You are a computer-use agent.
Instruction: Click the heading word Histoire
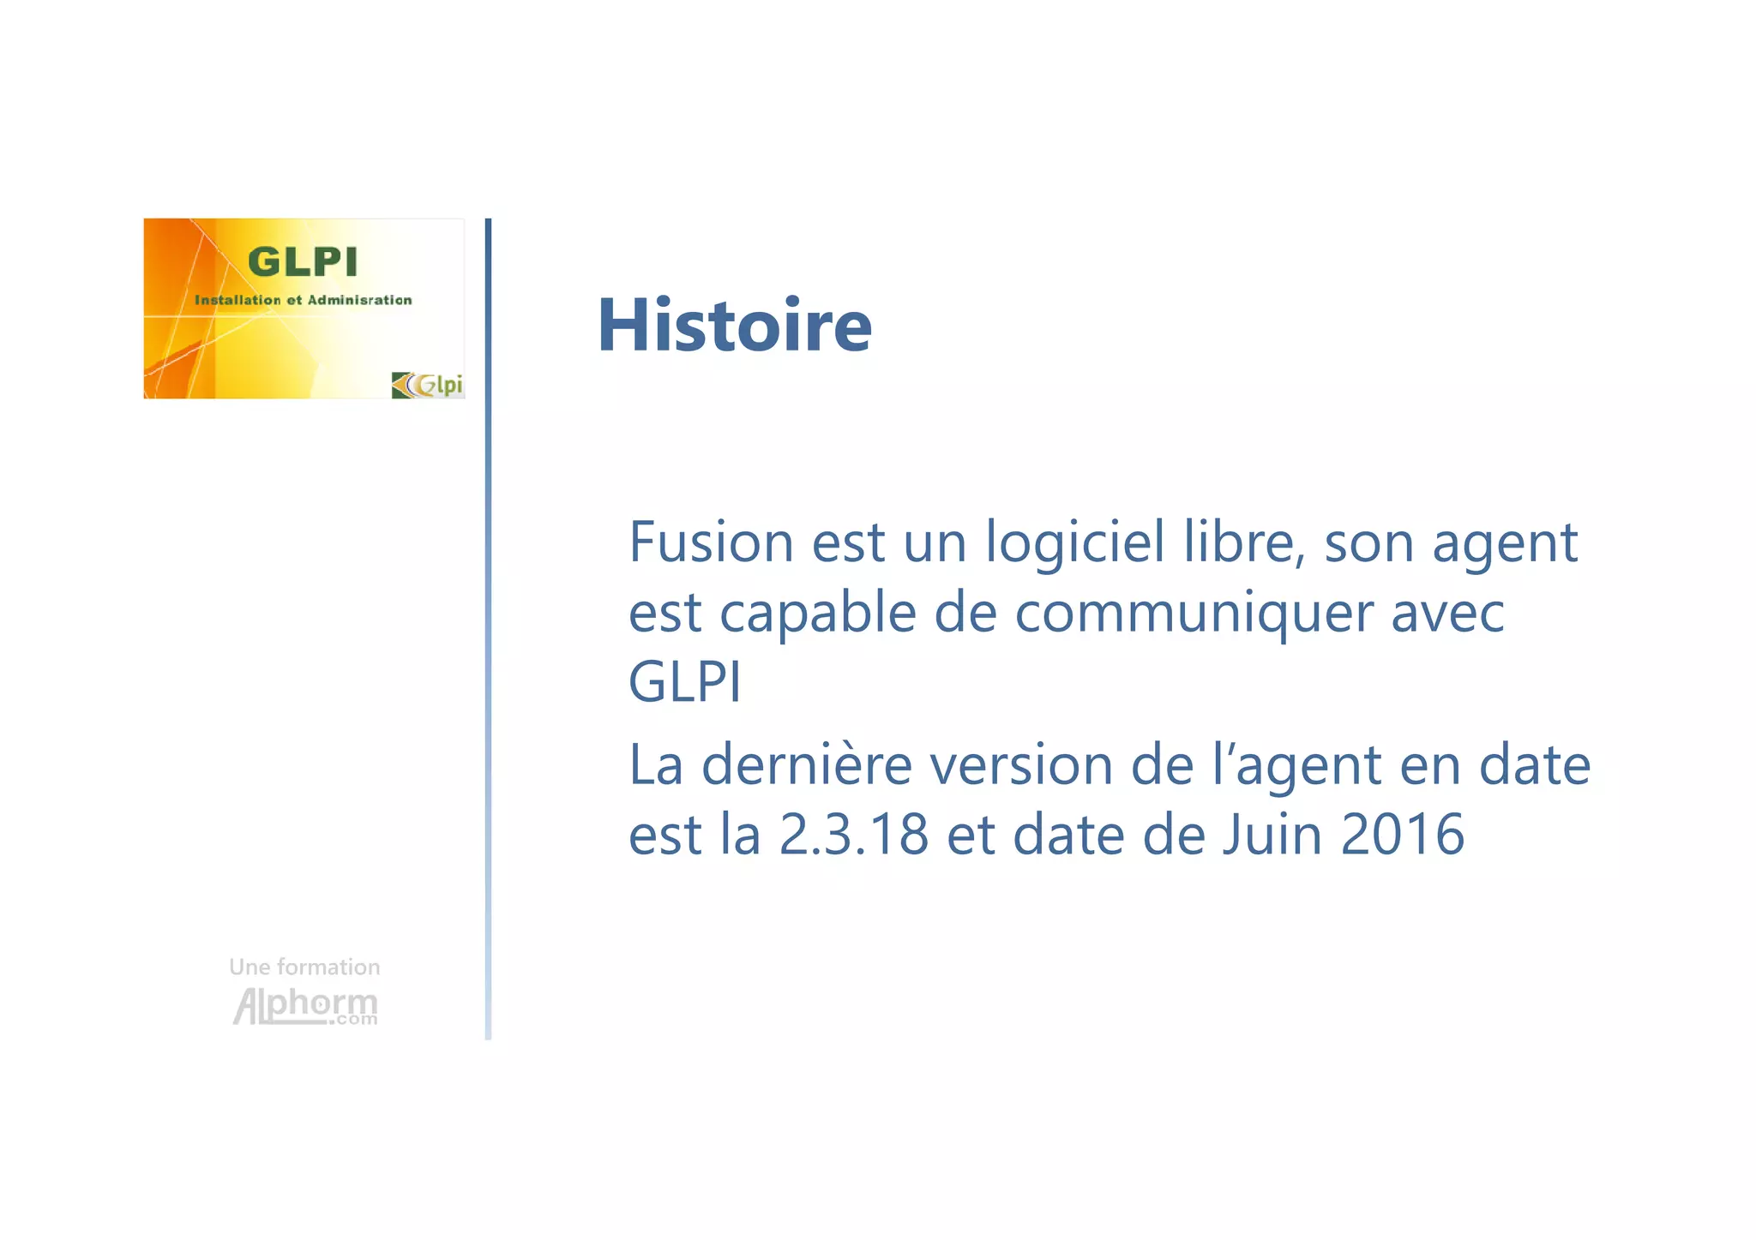(734, 326)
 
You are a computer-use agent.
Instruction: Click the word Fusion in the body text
(711, 542)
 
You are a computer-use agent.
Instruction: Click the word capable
(818, 614)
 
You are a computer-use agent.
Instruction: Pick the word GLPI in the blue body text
(684, 683)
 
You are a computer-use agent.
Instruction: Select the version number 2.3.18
(854, 835)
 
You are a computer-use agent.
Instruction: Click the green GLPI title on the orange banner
(302, 262)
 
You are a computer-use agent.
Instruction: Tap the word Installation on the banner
(238, 300)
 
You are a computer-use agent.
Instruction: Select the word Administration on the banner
(359, 300)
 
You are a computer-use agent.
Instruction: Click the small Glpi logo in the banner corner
(428, 385)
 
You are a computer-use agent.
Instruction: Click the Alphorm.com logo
(305, 1006)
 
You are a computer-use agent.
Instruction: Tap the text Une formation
(304, 967)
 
